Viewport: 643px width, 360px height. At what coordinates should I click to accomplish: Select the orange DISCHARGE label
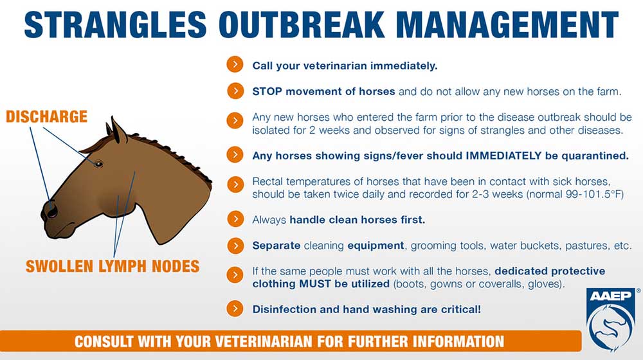coord(46,117)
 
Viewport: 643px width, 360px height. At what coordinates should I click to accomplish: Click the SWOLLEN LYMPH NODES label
coord(113,267)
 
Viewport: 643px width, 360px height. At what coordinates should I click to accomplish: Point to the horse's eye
coord(98,164)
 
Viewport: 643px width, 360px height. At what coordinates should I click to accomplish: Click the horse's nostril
coord(52,211)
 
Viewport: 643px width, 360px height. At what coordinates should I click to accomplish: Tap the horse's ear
coord(118,130)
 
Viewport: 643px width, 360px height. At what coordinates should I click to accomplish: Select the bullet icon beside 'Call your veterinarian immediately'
coord(235,65)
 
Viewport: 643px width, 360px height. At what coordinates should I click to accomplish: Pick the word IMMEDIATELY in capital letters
coord(503,156)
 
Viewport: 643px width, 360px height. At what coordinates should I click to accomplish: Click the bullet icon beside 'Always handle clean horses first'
coord(235,219)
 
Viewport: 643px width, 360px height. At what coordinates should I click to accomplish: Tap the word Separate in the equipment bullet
coord(276,246)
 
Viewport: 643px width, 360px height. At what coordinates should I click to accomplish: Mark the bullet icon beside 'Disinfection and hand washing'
coord(235,309)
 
